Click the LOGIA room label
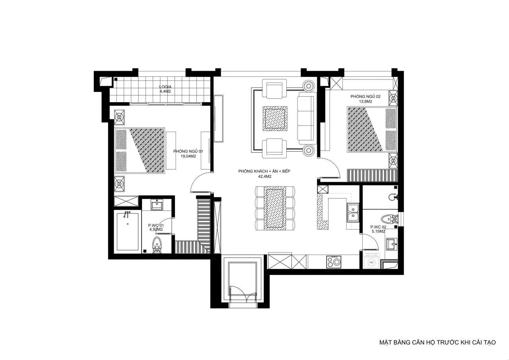point(165,87)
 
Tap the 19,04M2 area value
point(188,156)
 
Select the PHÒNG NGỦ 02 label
point(365,97)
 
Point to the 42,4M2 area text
point(265,176)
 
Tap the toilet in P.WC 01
point(156,245)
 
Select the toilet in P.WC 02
point(389,219)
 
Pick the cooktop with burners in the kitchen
point(334,262)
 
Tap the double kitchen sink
point(353,212)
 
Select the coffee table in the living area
point(275,119)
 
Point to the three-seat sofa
point(307,118)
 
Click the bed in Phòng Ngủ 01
point(140,150)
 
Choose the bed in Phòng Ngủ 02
point(372,129)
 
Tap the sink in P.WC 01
point(157,204)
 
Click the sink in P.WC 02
point(391,244)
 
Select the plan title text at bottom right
point(437,342)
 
